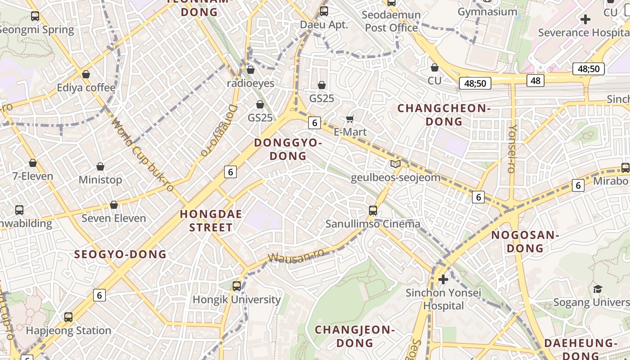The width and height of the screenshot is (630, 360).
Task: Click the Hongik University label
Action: pos(237,299)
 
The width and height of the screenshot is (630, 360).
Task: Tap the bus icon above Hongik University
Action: pos(237,286)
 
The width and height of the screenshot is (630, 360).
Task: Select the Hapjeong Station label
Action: pos(68,330)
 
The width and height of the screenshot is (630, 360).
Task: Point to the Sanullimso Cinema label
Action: pos(373,224)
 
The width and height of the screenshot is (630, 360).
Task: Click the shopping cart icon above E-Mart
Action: pos(350,119)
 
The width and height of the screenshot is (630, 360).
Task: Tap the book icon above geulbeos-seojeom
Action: pos(396,164)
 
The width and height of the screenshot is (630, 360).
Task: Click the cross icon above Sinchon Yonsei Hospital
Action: pos(443,279)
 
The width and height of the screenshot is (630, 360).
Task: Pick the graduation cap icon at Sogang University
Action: pos(598,288)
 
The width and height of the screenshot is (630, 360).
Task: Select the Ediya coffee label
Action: pos(86,87)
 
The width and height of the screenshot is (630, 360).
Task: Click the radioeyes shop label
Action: pos(251,83)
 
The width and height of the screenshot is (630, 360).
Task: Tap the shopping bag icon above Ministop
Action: pos(100,167)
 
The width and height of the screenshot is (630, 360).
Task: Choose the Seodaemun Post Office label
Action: pos(391,21)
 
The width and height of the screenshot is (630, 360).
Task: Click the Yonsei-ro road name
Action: pos(512,148)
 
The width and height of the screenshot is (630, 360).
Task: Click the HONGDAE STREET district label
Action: pos(211,220)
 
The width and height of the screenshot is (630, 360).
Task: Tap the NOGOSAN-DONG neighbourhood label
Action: pos(525,241)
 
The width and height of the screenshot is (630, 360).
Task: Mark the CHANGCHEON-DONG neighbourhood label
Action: pos(444,115)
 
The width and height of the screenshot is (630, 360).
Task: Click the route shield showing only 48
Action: pos(535,81)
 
